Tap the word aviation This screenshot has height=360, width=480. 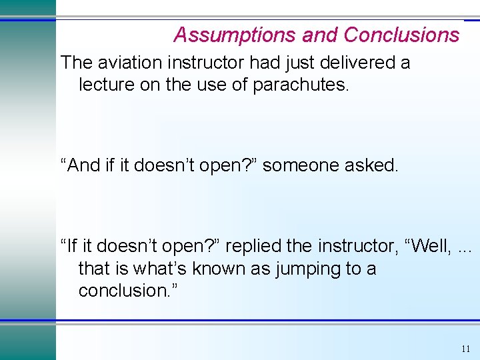coord(127,63)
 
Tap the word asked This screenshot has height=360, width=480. coord(374,165)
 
